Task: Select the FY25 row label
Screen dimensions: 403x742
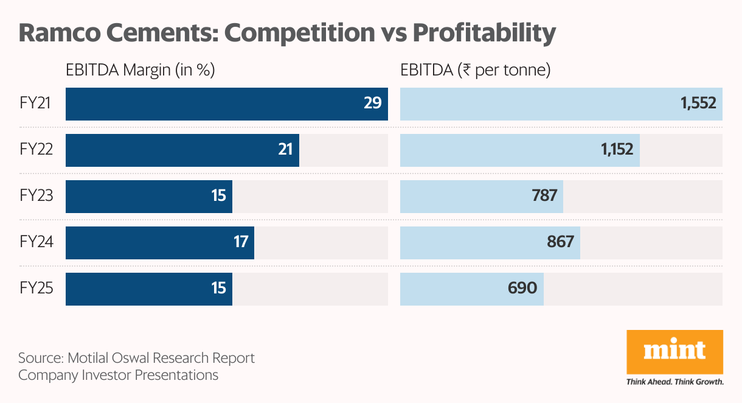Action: pos(36,287)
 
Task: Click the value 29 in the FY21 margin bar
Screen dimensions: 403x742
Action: pos(372,103)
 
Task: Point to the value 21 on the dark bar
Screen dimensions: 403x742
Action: pos(285,150)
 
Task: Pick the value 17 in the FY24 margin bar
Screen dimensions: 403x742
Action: pos(241,242)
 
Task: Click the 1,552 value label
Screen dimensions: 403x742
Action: pos(698,103)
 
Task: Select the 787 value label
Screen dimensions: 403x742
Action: pos(544,196)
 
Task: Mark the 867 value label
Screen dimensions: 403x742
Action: pos(560,242)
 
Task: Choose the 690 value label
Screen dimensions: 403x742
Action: pos(522,287)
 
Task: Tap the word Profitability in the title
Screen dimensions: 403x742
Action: pos(485,33)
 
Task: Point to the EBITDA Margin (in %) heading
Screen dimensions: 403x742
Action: pos(140,71)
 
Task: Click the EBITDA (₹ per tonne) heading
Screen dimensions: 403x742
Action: pos(475,71)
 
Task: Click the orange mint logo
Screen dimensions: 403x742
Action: pos(674,352)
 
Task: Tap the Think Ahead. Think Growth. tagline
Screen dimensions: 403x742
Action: pos(674,382)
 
